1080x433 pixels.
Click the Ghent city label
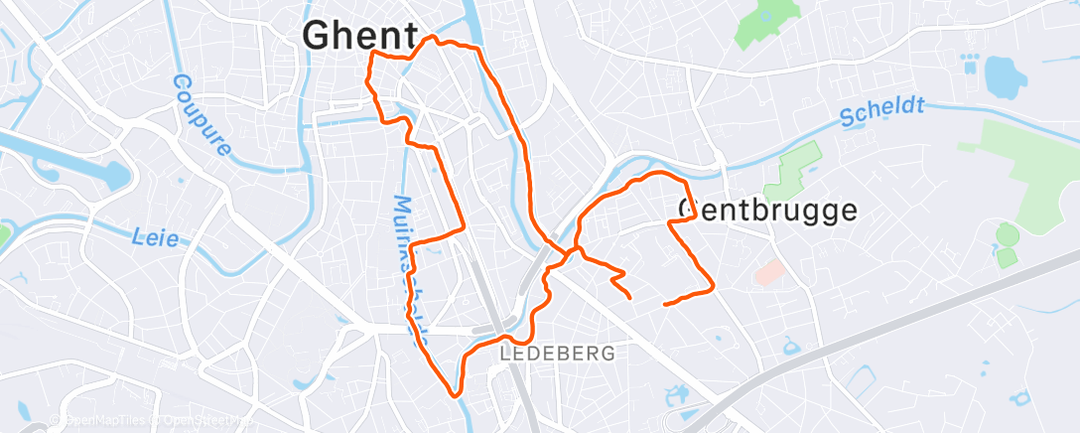click(359, 36)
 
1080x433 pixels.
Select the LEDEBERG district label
click(557, 353)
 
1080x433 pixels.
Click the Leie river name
click(155, 237)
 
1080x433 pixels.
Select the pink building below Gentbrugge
click(768, 271)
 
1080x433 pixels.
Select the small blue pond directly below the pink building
click(791, 346)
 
